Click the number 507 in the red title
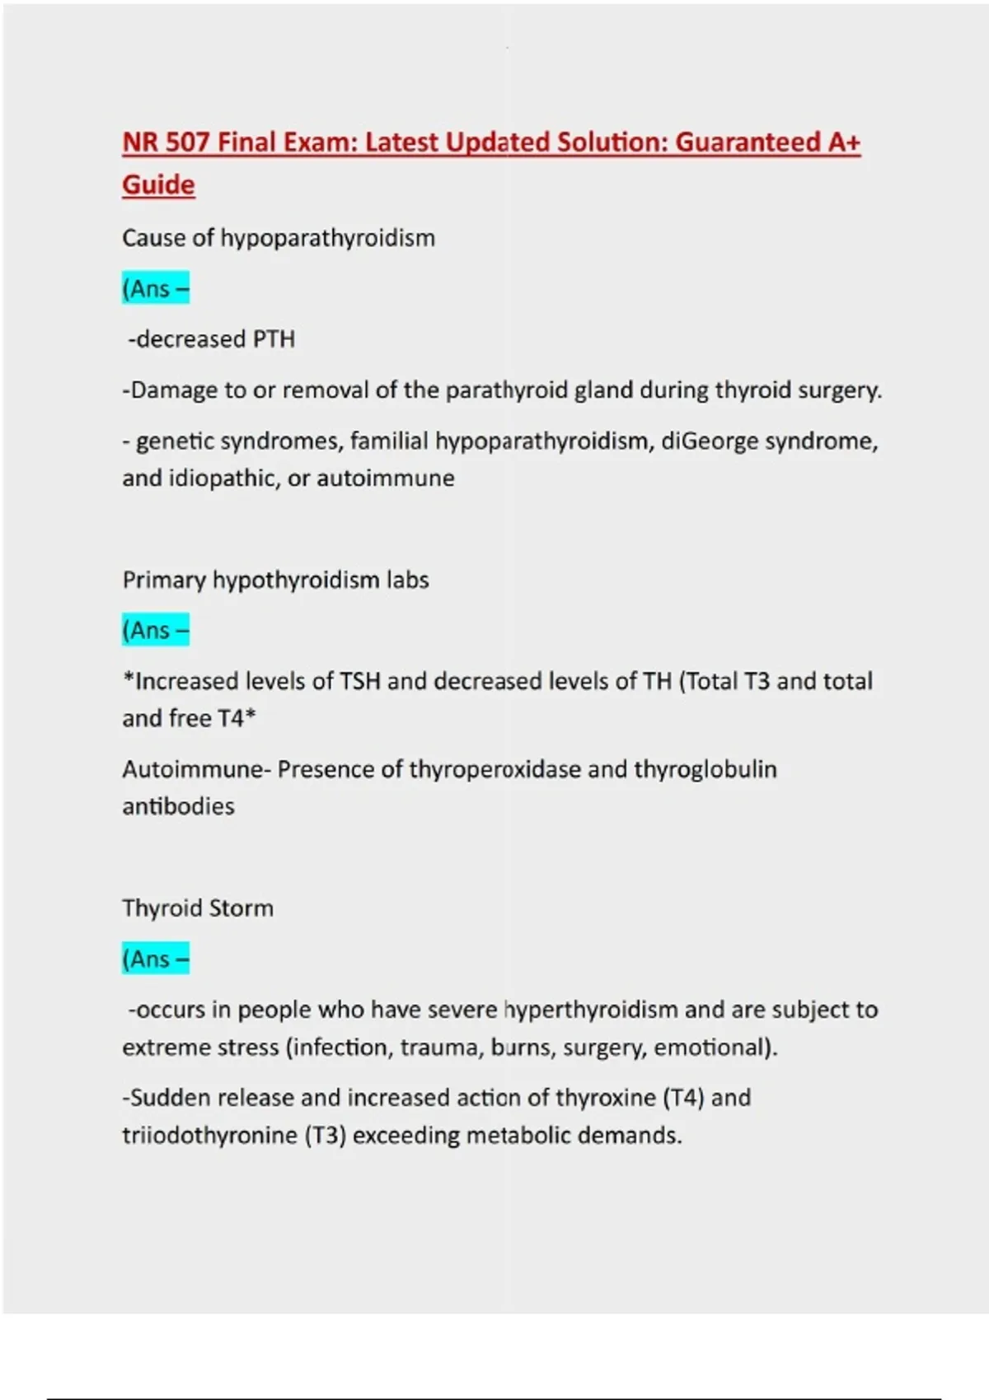187,142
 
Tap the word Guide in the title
158,184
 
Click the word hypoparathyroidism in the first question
327,238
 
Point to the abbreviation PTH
274,339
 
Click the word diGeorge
710,441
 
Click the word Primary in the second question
164,580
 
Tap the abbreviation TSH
359,682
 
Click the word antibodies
178,806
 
